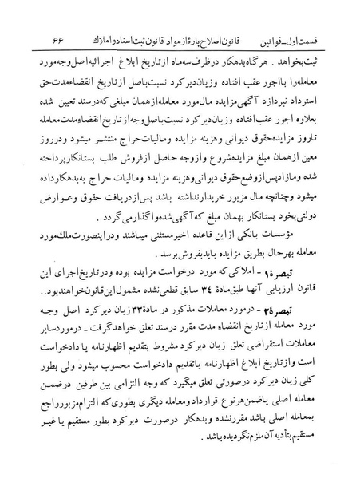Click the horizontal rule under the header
pos(180,49)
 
